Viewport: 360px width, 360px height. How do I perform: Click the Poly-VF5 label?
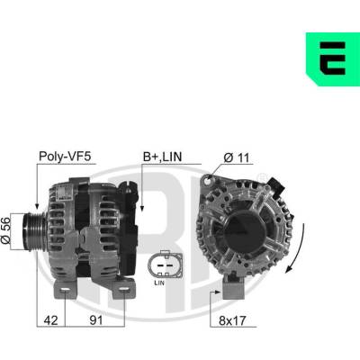point(65,157)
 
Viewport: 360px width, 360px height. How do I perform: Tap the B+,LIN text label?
point(162,157)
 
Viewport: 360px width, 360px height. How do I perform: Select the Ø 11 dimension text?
point(237,157)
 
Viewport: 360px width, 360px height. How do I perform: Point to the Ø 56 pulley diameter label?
point(5,230)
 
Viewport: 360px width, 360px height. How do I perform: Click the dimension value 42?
point(50,320)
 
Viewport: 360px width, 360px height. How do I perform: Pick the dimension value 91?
point(96,320)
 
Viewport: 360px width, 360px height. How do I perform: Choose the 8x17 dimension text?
point(232,320)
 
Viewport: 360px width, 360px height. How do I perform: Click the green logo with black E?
point(333,59)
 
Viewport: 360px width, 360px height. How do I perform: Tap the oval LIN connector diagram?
point(165,264)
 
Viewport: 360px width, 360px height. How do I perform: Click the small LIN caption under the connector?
point(159,283)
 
